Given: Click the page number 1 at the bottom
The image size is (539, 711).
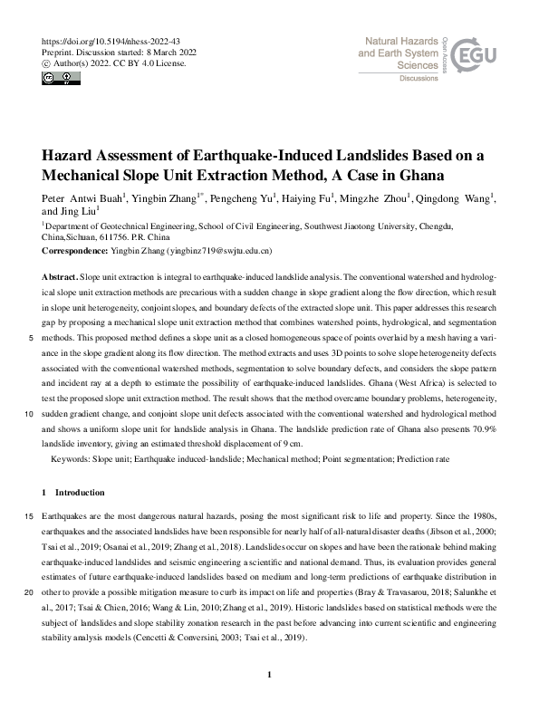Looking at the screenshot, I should (x=269, y=675).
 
